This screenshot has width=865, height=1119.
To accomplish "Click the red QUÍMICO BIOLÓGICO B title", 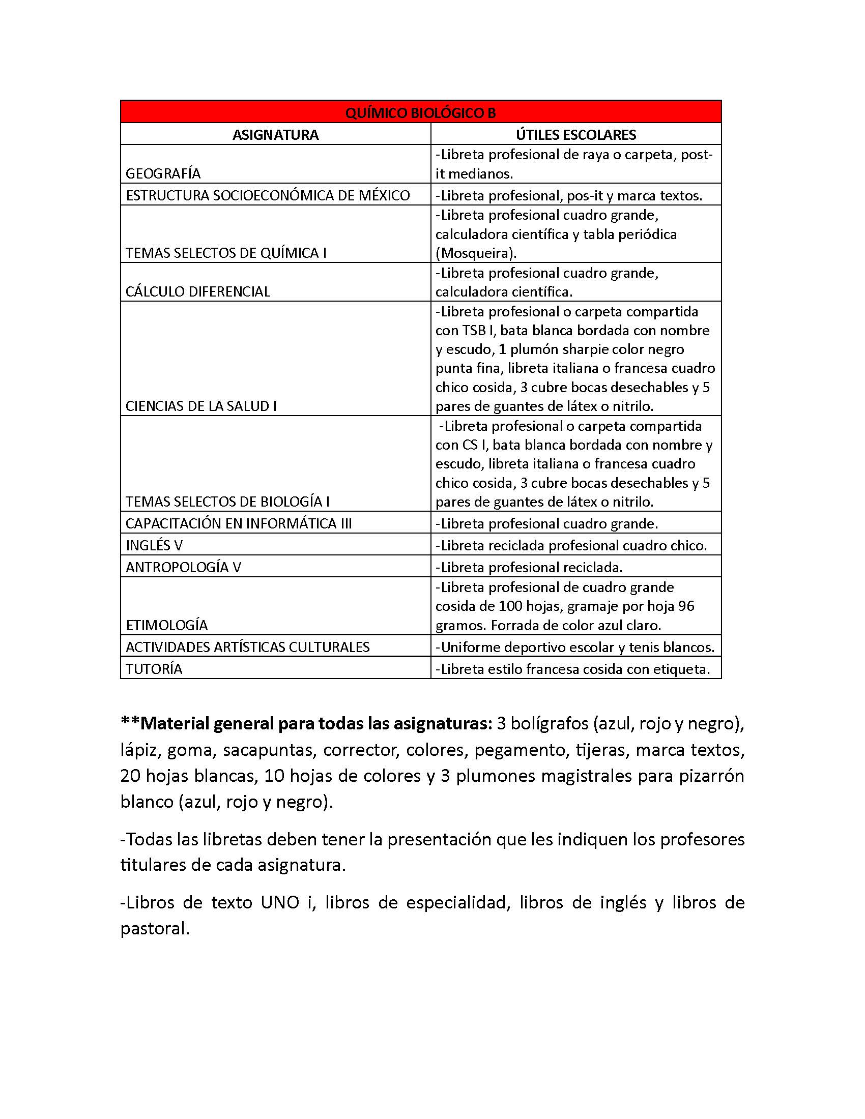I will click(x=420, y=113).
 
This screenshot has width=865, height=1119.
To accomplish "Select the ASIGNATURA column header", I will click(x=275, y=135).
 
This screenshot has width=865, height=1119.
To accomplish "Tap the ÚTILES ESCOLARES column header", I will click(x=575, y=135).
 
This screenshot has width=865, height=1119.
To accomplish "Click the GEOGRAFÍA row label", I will click(x=163, y=173).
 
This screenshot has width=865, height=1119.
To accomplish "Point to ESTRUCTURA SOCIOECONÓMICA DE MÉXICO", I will click(x=268, y=196).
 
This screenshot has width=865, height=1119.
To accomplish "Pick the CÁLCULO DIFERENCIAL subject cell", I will click(x=198, y=291).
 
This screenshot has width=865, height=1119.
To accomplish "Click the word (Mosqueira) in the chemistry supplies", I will click(x=476, y=253).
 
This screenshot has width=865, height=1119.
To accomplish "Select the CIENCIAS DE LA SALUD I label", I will click(x=201, y=406).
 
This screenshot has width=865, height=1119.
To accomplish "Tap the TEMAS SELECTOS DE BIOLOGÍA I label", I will click(x=227, y=502).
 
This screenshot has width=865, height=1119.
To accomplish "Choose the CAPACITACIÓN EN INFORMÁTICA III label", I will click(x=238, y=523).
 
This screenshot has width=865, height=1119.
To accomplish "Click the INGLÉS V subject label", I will click(x=154, y=545).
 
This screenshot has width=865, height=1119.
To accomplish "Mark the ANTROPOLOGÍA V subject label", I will click(x=183, y=567).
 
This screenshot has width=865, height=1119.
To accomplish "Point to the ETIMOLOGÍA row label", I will click(x=166, y=625).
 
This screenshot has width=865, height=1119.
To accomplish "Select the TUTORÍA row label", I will click(x=154, y=669).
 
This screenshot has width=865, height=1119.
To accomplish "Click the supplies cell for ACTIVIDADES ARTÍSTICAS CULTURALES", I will click(x=575, y=647).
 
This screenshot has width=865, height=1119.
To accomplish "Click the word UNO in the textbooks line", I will click(x=279, y=902).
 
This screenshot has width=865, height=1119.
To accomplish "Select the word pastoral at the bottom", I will click(x=154, y=928).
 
